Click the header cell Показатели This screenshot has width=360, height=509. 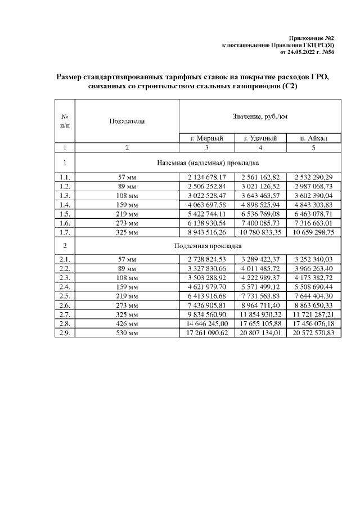127,120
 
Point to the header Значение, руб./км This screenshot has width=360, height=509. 260,116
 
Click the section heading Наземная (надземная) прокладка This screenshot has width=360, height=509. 208,163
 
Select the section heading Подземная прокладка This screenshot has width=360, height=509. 208,246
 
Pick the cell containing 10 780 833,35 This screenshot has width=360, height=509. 260,231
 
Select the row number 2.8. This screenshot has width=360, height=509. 65,323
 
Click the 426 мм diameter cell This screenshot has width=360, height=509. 127,323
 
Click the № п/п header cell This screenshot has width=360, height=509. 65,120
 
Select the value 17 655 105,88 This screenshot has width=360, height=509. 260,323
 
